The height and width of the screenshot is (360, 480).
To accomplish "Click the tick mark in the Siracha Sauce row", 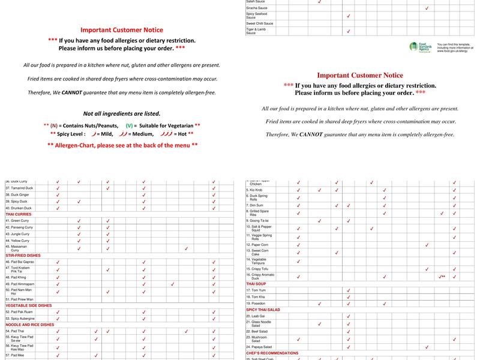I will [x=427, y=8].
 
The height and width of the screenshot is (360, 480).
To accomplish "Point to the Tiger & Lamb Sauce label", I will [x=256, y=31].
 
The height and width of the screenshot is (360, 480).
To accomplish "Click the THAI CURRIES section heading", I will [x=18, y=214].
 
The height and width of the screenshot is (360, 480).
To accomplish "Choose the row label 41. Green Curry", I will [x=17, y=220].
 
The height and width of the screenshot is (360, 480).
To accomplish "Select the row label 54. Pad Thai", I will [x=15, y=331].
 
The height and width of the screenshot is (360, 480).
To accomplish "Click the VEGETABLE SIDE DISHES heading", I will [x=28, y=305].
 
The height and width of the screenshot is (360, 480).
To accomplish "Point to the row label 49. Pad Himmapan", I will [x=20, y=284].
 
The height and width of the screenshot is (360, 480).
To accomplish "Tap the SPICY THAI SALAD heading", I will [x=263, y=310].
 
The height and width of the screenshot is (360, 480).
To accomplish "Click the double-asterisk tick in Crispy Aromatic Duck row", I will [x=442, y=276].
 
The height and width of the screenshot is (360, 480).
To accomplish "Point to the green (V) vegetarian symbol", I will [x=130, y=125].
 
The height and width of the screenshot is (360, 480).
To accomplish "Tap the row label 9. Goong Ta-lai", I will [x=259, y=220].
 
